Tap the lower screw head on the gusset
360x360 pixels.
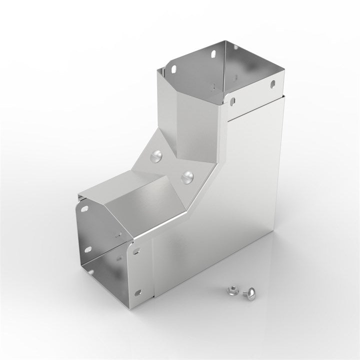click(x=188, y=175)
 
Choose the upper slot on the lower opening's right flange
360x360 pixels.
click(x=135, y=251)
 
